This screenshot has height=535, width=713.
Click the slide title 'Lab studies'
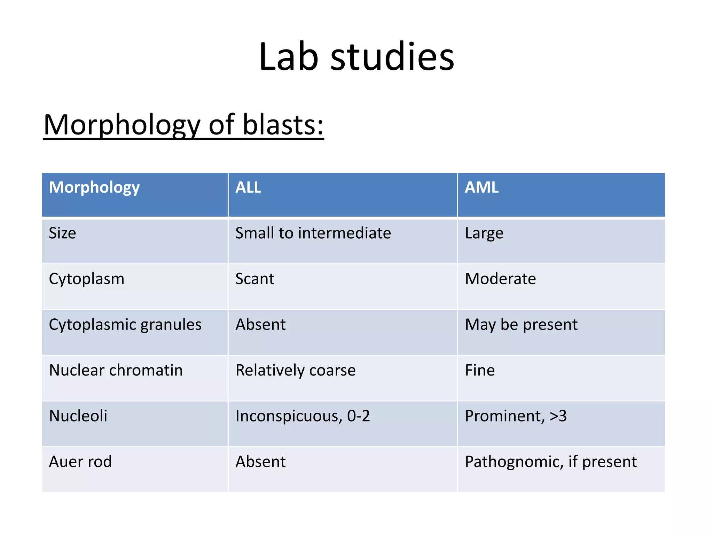pyautogui.click(x=356, y=56)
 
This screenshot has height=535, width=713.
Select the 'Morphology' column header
pyautogui.click(x=94, y=187)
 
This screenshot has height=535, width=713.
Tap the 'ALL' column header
pyautogui.click(x=248, y=187)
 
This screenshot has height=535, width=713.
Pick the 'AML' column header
pyautogui.click(x=481, y=187)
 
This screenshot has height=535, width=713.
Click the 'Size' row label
pyautogui.click(x=63, y=233)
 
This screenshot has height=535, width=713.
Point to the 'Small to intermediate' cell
pyautogui.click(x=313, y=233)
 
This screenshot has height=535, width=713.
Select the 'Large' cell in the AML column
pyautogui.click(x=484, y=233)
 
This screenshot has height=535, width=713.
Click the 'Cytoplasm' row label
pyautogui.click(x=87, y=279)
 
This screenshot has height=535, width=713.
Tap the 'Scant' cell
pyautogui.click(x=255, y=279)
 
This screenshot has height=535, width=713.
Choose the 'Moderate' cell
pyautogui.click(x=500, y=279)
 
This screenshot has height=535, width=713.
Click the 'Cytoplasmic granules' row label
pyautogui.click(x=125, y=325)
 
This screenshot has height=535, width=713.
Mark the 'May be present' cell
pyautogui.click(x=521, y=325)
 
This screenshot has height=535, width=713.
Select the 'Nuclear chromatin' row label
pyautogui.click(x=116, y=370)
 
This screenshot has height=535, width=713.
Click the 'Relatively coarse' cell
pyautogui.click(x=296, y=370)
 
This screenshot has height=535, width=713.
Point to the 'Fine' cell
pyautogui.click(x=480, y=370)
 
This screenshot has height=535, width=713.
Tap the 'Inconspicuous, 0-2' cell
pyautogui.click(x=303, y=416)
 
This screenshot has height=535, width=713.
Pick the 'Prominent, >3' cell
pyautogui.click(x=516, y=416)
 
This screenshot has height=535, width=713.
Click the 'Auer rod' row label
pyautogui.click(x=80, y=462)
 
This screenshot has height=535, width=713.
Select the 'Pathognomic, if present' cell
pyautogui.click(x=551, y=462)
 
